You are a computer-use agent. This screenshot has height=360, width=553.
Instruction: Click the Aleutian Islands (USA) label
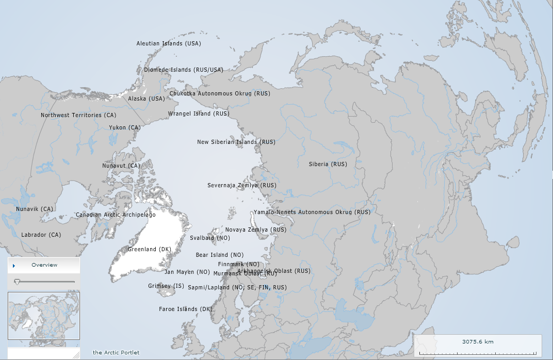tap(169, 44)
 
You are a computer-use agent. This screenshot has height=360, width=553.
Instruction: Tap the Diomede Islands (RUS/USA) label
tap(183, 70)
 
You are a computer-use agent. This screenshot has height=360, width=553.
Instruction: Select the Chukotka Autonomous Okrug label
tap(220, 94)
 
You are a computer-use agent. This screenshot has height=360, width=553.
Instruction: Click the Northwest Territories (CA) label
tap(78, 115)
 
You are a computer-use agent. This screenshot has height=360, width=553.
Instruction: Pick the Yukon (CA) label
tap(124, 127)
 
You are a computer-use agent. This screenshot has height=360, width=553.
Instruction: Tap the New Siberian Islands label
tap(236, 142)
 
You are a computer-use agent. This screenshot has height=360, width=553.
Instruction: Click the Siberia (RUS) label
tap(328, 164)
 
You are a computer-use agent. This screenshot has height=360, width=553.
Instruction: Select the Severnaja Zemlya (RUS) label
tap(242, 185)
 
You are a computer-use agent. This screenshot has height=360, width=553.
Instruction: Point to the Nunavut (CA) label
tap(121, 166)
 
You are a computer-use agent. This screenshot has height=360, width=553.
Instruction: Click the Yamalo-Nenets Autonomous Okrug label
tap(312, 212)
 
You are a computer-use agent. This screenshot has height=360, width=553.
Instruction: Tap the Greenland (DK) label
tap(149, 250)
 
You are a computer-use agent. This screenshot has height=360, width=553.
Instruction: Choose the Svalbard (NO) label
tap(210, 238)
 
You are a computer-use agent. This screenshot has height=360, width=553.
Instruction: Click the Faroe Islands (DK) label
tap(186, 309)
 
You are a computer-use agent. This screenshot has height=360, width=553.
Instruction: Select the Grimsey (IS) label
tap(166, 286)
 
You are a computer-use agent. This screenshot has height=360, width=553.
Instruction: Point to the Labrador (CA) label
tap(41, 235)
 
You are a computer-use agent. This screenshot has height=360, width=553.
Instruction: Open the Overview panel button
tap(44, 265)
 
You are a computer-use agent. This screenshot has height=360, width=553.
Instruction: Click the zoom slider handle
tap(18, 282)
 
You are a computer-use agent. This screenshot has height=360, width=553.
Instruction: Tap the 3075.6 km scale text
tap(478, 342)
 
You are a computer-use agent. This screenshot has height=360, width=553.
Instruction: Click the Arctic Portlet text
tap(116, 353)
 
